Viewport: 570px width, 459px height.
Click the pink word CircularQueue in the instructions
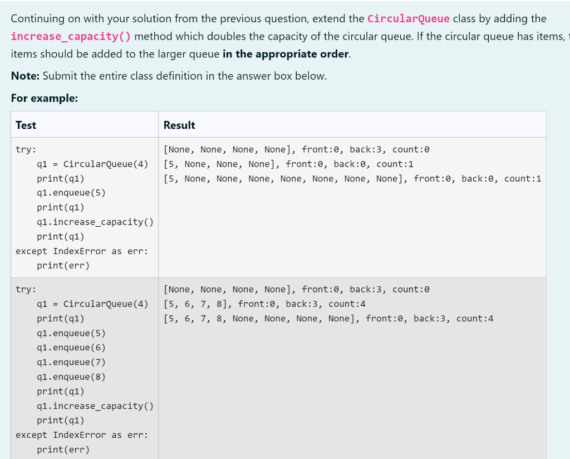pos(408,18)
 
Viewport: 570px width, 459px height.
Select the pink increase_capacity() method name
pos(71,36)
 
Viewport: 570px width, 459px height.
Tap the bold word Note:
pos(25,76)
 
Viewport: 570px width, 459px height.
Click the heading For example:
pos(44,98)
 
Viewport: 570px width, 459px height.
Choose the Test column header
pos(26,125)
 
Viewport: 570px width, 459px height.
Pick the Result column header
pos(179,125)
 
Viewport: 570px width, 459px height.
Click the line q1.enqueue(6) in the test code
pos(71,348)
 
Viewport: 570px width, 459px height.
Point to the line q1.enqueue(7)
pos(71,362)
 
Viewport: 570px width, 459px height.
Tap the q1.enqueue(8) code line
pos(71,377)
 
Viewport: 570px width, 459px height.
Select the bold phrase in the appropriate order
pos(286,54)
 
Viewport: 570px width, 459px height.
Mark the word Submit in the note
pos(59,76)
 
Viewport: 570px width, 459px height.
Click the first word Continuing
pos(37,18)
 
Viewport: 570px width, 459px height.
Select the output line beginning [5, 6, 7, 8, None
pos(328,319)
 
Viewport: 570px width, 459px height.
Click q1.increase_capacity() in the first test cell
pos(95,222)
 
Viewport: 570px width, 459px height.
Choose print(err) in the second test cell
pos(63,449)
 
